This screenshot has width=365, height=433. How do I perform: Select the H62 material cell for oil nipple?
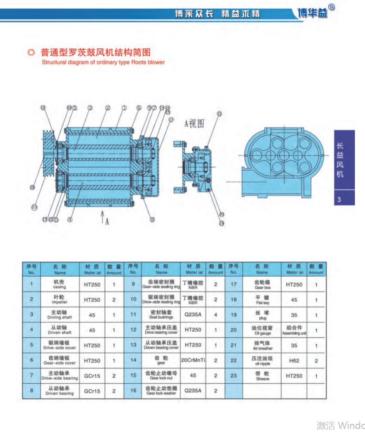[294, 360]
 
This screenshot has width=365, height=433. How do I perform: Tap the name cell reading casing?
[60, 285]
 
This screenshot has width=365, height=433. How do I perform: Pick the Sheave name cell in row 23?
[262, 376]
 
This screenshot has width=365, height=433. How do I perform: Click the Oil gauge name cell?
[262, 330]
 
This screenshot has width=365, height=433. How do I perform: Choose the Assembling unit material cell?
[294, 330]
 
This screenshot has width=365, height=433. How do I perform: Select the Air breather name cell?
[262, 345]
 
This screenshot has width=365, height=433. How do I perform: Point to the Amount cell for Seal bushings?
[216, 315]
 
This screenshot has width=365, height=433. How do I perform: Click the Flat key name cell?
[262, 300]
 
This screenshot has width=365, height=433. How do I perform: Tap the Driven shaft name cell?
[60, 330]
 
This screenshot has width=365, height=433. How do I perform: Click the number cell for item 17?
[234, 285]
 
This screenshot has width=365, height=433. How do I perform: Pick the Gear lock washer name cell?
[161, 391]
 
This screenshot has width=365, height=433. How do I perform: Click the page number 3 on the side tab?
[339, 199]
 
